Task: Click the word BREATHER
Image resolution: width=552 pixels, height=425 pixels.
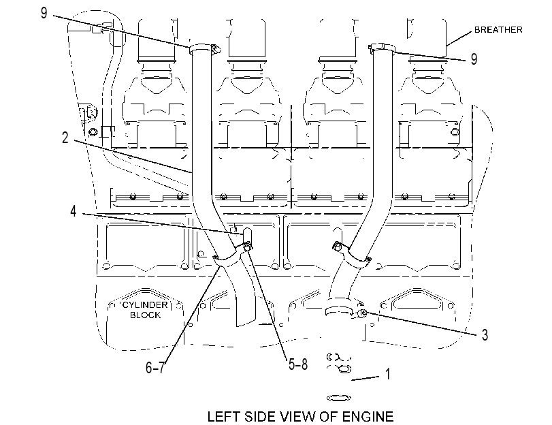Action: [498, 30]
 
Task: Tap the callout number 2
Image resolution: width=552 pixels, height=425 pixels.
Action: [65, 138]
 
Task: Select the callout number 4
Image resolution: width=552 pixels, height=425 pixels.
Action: [74, 211]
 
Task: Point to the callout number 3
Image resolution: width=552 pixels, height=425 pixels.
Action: [485, 334]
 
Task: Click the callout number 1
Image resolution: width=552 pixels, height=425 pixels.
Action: [388, 374]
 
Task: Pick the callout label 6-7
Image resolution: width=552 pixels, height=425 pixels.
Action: [155, 368]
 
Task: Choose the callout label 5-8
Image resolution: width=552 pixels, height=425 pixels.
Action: [298, 364]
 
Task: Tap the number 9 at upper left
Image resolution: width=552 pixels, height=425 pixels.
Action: [44, 13]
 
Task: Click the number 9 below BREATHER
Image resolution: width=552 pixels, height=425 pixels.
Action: [474, 59]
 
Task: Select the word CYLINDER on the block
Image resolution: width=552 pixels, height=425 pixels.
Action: [145, 305]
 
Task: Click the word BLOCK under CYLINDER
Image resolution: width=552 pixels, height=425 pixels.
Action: [145, 315]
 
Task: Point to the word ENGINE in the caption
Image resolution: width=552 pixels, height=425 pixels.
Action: [368, 417]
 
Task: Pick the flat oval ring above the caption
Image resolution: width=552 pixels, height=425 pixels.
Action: [339, 398]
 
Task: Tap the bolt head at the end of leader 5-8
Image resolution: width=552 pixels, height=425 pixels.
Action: [247, 247]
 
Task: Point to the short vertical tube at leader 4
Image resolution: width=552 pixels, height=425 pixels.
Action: [247, 236]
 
